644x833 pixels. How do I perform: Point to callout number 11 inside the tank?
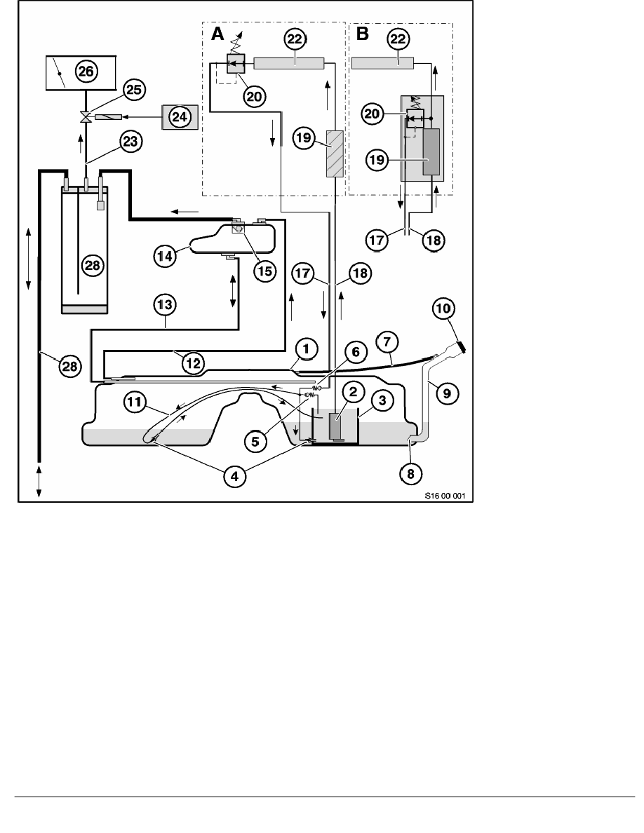click(135, 402)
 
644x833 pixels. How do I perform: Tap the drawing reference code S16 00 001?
click(443, 496)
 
